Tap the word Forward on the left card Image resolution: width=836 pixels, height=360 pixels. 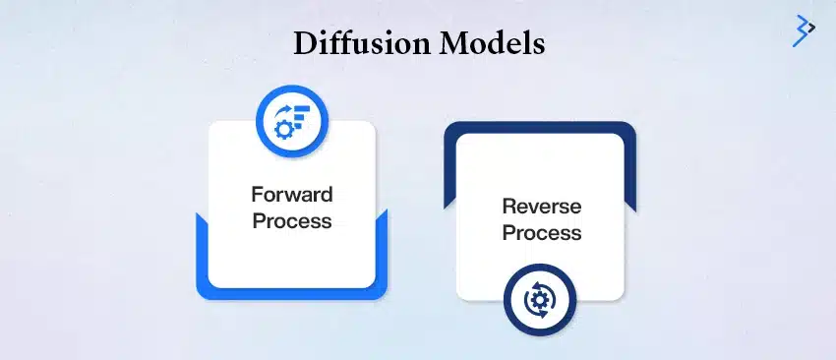[291, 194]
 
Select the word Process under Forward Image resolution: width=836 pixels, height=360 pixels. [291, 219]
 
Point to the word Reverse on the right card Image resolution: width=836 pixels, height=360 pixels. [541, 207]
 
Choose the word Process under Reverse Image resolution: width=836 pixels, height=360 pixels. [541, 233]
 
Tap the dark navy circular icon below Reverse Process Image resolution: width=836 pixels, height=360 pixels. [539, 300]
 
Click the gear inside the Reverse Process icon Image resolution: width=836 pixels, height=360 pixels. [539, 300]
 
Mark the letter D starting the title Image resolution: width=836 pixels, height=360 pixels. [302, 45]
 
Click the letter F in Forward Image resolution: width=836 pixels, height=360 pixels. [258, 194]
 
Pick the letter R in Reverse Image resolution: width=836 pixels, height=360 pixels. [508, 207]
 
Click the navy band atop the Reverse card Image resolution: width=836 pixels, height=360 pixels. [539, 127]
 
